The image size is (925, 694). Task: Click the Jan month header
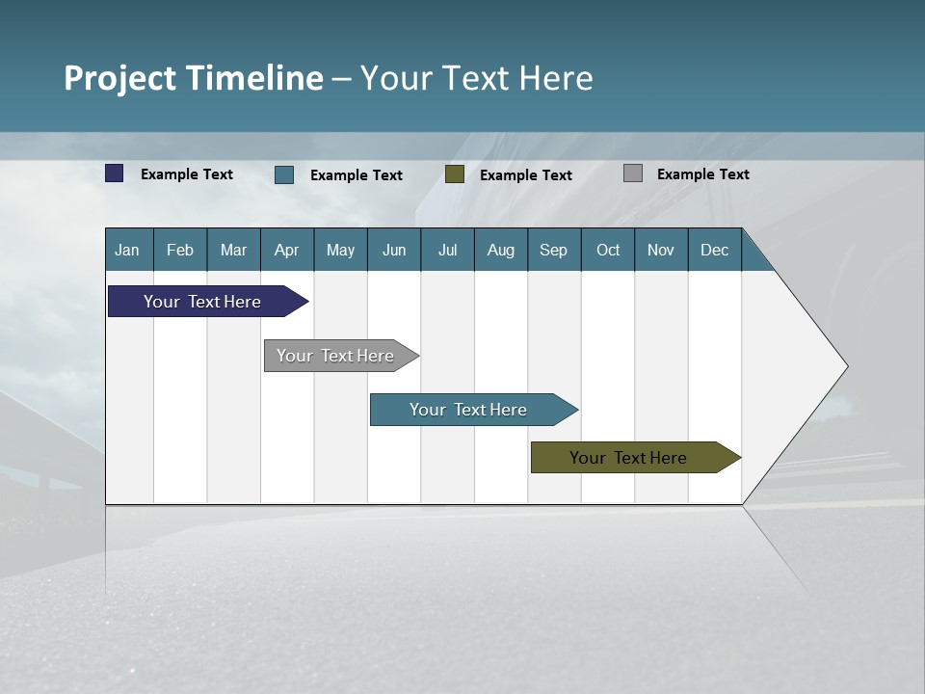coord(127,250)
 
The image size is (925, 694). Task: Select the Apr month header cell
coord(286,250)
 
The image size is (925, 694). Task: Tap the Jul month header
coord(447,250)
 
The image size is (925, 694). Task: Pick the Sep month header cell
coord(553,250)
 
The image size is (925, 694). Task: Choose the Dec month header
coord(714,250)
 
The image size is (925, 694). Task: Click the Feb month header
coord(180,250)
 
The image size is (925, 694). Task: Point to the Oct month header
coord(608,250)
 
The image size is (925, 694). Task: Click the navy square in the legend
coord(115,173)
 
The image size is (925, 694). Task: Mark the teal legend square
coord(284,174)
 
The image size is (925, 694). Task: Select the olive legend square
coord(455,173)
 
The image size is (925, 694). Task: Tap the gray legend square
coord(633,173)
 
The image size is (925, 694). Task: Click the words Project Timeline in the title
coord(194,78)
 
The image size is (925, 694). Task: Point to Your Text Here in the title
coord(477,78)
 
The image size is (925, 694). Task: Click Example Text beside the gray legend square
coord(702,174)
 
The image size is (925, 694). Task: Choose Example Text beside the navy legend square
coord(187,174)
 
